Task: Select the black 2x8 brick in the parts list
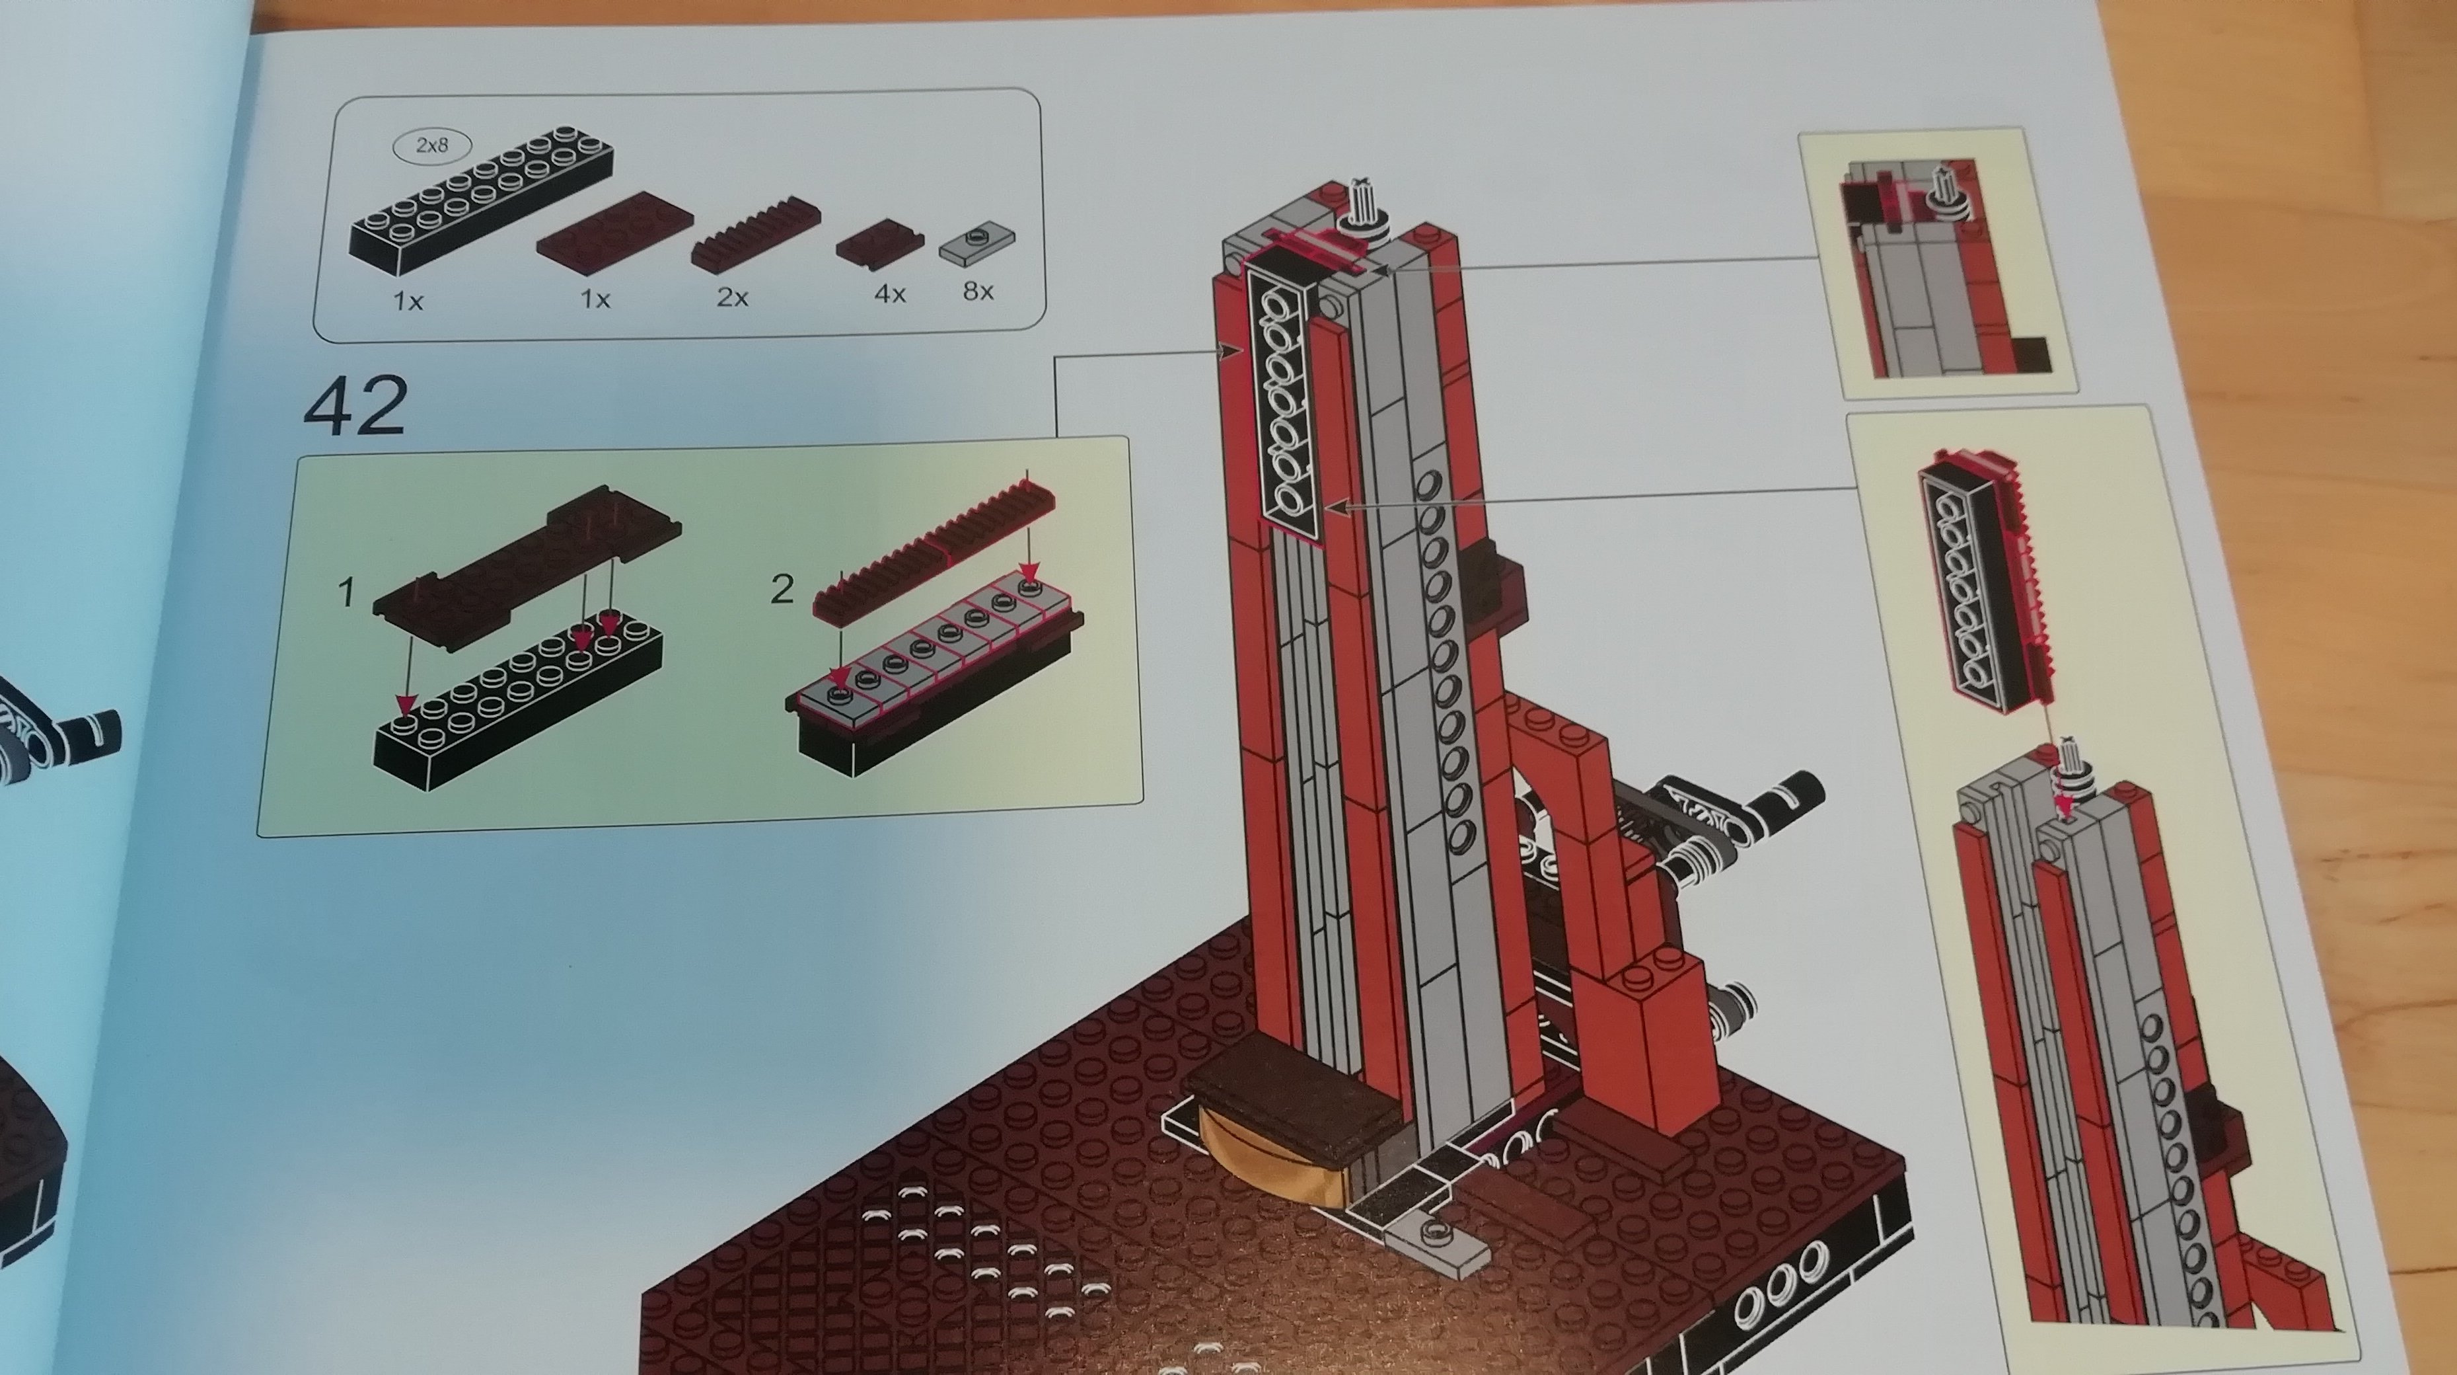481,206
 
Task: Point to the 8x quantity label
978,290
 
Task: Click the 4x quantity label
889,294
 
